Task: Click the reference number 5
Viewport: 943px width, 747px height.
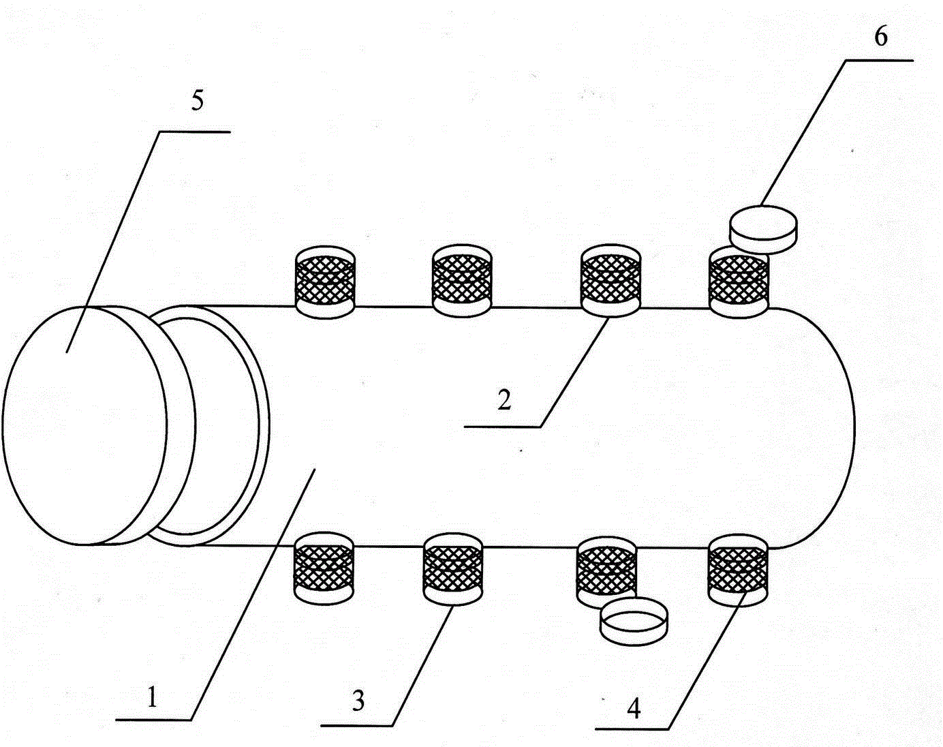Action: click(x=198, y=102)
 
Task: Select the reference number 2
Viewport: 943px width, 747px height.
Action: click(x=504, y=400)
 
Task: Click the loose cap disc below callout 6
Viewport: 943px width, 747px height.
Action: click(x=763, y=229)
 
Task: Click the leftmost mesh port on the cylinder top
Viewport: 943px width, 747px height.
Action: click(x=325, y=282)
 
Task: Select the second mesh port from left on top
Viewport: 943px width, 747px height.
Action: click(x=462, y=279)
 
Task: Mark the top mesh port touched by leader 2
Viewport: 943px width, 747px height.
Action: click(x=610, y=280)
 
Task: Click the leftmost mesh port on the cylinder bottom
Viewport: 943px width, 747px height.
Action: click(x=324, y=568)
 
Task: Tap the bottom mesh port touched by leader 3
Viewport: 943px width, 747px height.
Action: click(x=453, y=569)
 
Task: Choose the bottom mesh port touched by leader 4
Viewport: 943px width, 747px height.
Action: click(x=738, y=570)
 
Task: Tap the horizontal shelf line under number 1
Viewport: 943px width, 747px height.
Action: click(x=153, y=720)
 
